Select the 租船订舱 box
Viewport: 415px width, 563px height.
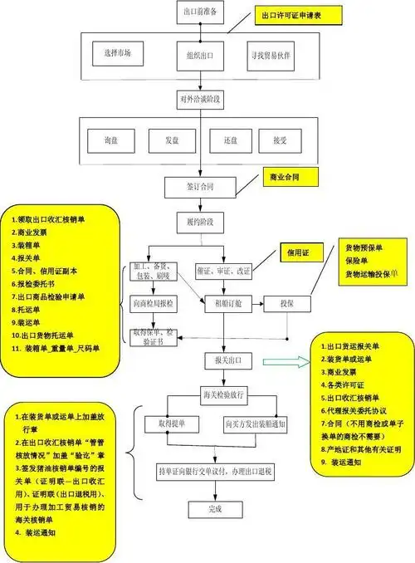(x=227, y=304)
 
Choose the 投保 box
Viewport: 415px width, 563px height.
(x=286, y=304)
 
